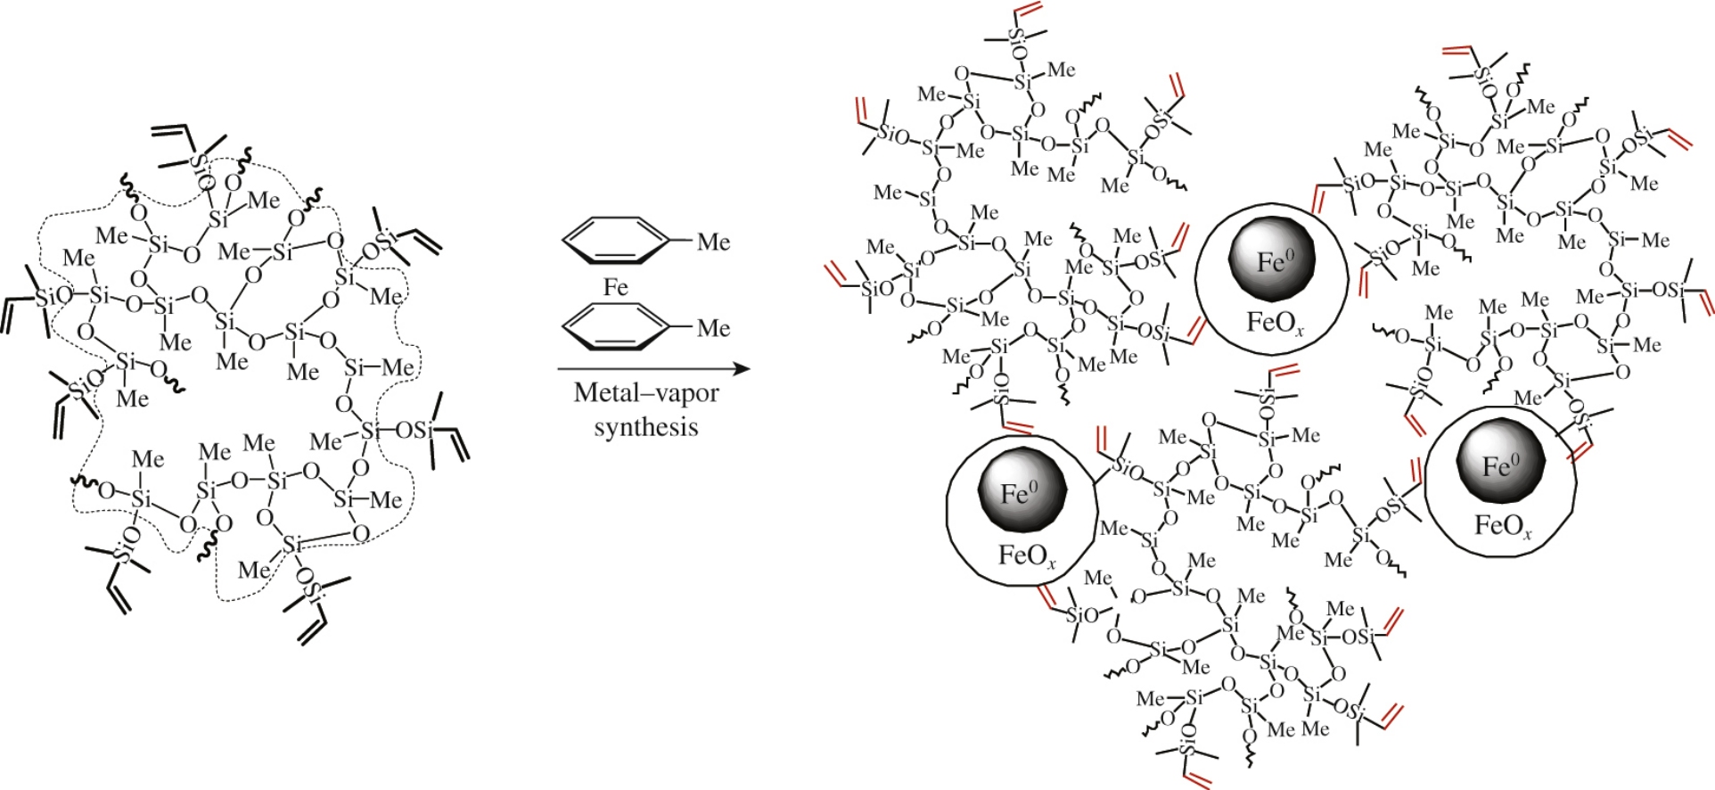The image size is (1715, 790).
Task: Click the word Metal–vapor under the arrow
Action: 646,393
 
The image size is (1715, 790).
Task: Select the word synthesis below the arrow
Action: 646,427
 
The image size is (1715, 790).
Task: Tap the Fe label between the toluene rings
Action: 615,287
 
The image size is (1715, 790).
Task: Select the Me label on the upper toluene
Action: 713,242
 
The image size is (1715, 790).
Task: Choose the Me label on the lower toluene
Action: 713,328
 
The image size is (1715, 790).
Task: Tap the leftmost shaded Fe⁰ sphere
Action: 1022,491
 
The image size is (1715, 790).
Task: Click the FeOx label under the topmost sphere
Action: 1275,323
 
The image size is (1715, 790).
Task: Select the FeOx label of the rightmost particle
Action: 1503,526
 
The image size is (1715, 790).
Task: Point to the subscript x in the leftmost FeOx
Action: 1051,564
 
